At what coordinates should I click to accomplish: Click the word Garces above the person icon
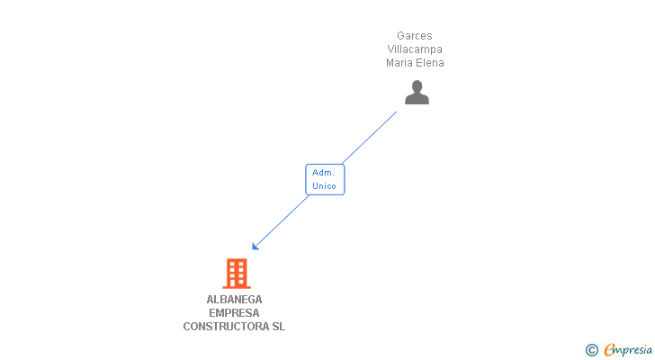[415, 36]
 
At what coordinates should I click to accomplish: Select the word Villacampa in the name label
[415, 49]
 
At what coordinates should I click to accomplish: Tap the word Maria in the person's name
[399, 63]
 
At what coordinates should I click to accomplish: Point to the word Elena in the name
[430, 63]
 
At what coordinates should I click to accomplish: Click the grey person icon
[417, 92]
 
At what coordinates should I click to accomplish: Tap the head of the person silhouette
[417, 86]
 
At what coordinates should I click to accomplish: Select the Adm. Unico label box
[325, 179]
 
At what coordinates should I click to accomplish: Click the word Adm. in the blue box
[324, 172]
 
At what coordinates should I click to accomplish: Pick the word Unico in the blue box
[324, 186]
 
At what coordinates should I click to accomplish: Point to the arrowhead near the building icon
[256, 246]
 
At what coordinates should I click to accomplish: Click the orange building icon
[236, 273]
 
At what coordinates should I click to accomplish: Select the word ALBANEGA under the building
[234, 300]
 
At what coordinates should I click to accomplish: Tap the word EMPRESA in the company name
[234, 313]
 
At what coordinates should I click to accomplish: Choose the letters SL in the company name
[278, 327]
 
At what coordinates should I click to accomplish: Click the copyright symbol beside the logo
[591, 350]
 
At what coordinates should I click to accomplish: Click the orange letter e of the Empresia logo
[609, 350]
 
